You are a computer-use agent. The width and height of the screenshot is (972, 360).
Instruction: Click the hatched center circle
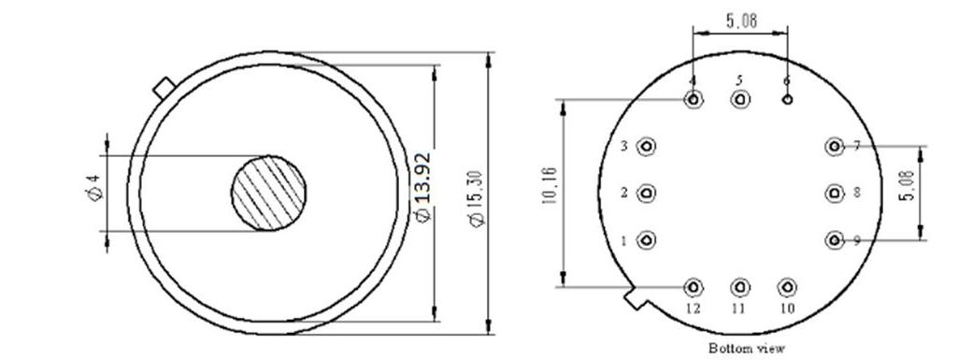pos(268,193)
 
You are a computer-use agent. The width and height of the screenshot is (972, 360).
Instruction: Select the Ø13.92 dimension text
pos(422,187)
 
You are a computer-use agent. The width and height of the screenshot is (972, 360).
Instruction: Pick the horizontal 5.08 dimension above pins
pos(741,22)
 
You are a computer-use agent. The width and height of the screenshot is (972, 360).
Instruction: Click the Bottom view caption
pos(747,348)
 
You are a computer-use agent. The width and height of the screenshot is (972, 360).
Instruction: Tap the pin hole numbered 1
pos(647,240)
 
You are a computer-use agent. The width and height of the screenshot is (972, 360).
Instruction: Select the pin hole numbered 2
pos(647,193)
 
